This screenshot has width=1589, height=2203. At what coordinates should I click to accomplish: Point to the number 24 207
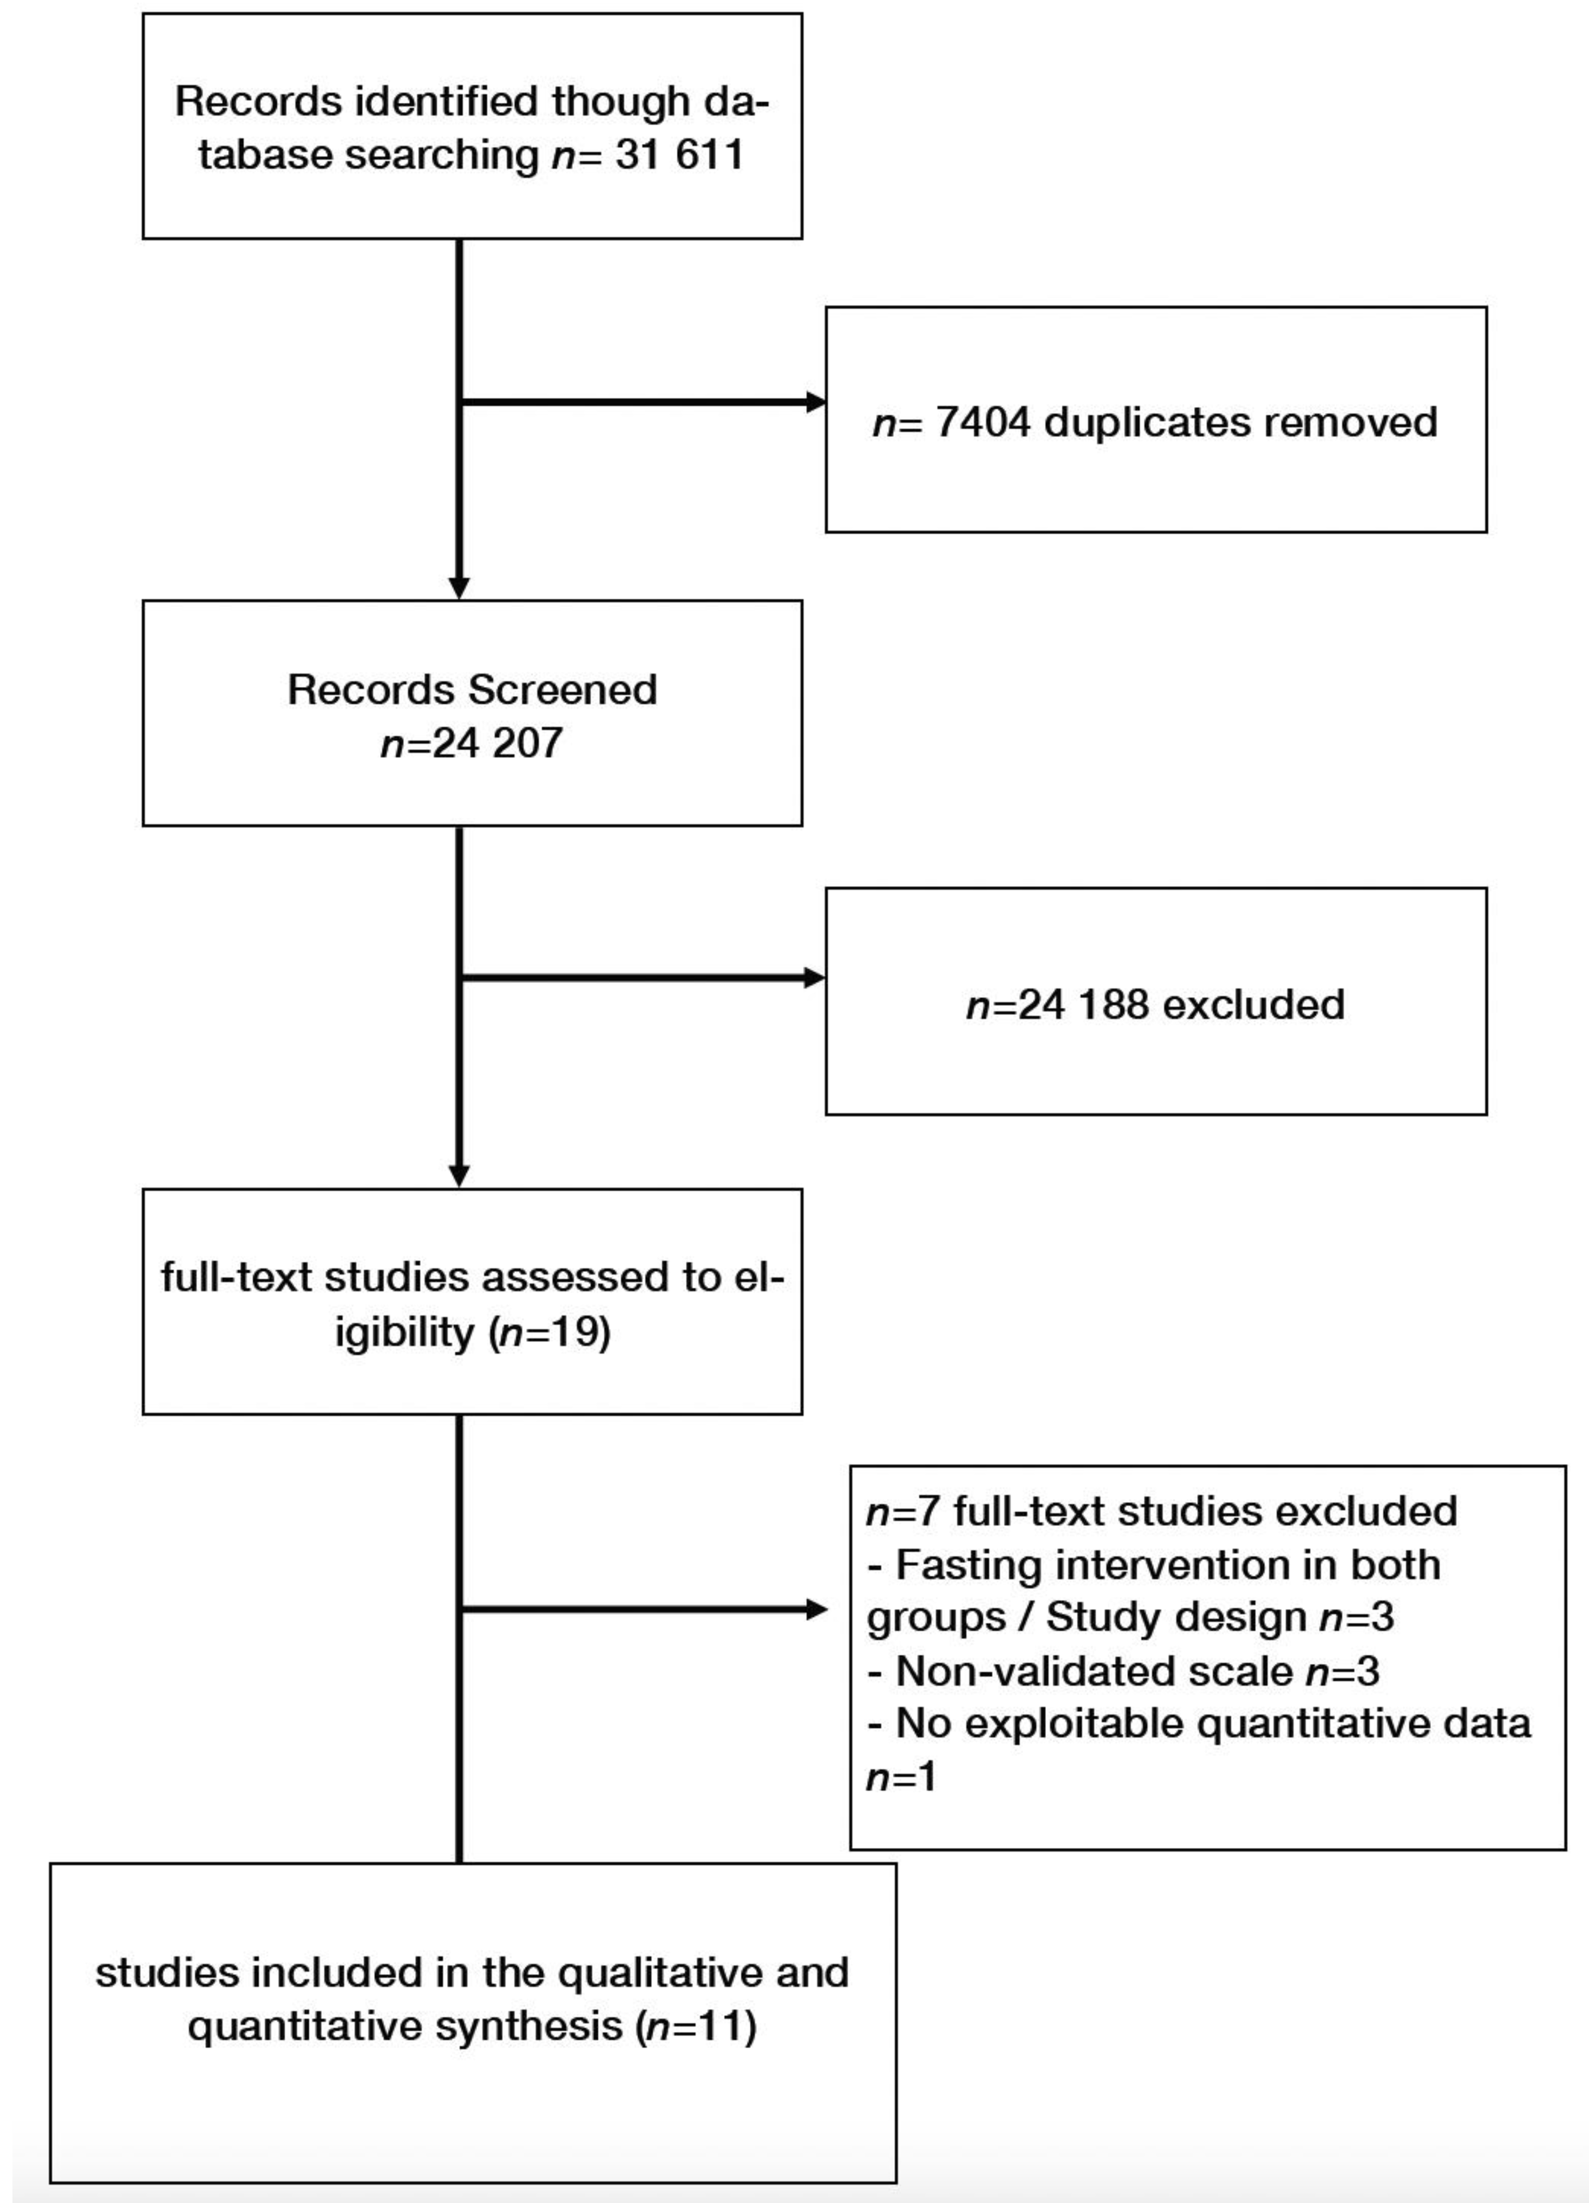pyautogui.click(x=496, y=743)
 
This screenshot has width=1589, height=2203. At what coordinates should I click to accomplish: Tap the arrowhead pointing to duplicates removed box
pyautogui.click(x=816, y=402)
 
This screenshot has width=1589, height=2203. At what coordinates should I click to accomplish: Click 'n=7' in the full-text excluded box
pyautogui.click(x=903, y=1511)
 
